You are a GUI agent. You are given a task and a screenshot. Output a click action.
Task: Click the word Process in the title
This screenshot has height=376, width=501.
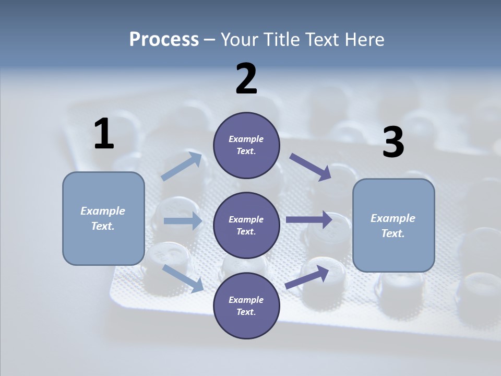164,40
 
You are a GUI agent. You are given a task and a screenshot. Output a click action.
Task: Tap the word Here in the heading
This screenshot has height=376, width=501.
364,39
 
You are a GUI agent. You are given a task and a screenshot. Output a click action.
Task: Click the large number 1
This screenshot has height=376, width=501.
104,133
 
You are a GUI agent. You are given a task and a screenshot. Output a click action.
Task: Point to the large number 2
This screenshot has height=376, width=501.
246,78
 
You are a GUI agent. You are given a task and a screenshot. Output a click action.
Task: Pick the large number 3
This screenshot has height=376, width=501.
393,142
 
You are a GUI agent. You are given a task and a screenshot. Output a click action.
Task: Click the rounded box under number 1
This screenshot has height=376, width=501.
103,219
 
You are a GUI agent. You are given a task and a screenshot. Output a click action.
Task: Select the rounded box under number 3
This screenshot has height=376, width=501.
393,226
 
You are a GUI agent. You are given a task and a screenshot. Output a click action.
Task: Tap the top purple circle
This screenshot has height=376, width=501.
246,145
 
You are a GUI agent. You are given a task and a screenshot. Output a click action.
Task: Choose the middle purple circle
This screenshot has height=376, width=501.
246,226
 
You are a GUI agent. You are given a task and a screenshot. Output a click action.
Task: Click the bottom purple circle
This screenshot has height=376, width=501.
246,305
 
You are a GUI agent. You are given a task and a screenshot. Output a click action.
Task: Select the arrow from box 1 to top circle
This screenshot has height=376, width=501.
182,166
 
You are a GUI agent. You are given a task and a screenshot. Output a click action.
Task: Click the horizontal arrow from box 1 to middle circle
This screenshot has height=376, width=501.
183,220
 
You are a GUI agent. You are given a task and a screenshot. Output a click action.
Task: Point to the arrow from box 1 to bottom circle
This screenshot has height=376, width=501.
183,278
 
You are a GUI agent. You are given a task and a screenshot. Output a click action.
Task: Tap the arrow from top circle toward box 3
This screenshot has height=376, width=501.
310,167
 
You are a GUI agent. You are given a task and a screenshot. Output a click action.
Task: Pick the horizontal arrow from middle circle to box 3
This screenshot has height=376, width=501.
309,219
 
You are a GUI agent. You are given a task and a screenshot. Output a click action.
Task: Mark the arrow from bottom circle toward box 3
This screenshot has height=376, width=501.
307,277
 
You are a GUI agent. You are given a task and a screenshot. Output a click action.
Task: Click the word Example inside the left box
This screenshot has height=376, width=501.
103,211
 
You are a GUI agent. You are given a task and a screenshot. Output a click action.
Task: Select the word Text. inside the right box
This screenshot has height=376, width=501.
393,233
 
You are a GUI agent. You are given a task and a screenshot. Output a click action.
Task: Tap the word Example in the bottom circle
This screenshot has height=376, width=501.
246,300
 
